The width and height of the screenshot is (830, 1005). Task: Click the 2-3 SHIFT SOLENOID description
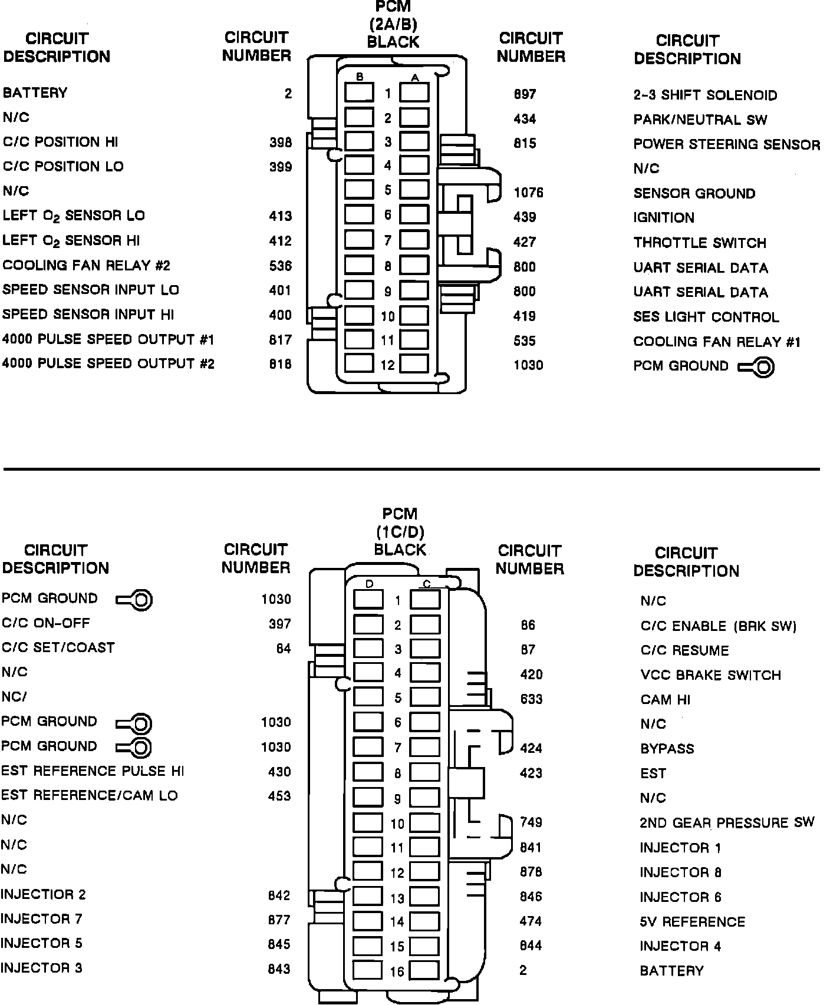(705, 95)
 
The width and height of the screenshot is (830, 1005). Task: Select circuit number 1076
(528, 193)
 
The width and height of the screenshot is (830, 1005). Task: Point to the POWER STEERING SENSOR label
(726, 144)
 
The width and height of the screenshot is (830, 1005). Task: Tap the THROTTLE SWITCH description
(700, 243)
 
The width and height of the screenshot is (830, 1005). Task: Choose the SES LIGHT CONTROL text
(706, 317)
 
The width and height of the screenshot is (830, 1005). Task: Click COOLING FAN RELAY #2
(86, 266)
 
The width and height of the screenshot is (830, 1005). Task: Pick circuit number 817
(280, 340)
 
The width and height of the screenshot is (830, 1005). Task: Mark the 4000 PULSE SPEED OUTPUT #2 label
(108, 363)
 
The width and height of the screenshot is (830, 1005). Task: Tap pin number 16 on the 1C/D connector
(397, 971)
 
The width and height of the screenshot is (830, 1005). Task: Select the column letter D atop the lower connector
(370, 584)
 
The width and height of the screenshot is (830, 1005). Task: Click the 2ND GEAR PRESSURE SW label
(727, 822)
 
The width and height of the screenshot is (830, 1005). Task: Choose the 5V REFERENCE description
(692, 921)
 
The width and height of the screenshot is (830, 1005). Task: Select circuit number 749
(531, 822)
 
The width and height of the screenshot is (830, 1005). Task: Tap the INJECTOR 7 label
(41, 919)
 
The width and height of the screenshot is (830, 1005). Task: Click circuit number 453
(279, 796)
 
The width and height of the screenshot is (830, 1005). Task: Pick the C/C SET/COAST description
(58, 647)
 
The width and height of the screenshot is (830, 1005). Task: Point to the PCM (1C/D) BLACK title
(400, 532)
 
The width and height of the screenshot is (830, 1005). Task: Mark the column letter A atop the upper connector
(415, 77)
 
